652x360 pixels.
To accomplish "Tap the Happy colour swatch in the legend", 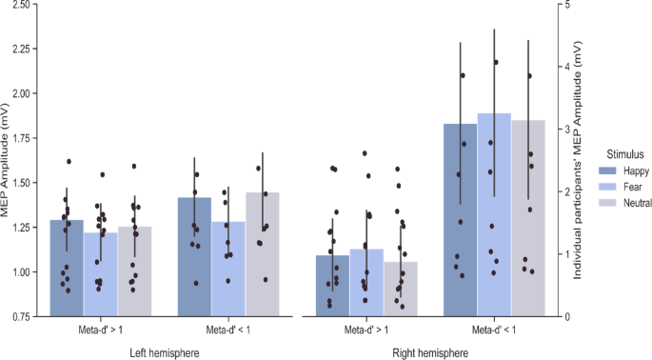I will (606, 170).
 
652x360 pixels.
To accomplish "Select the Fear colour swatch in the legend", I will (606, 186).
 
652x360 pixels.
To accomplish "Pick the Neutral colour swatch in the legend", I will (606, 202).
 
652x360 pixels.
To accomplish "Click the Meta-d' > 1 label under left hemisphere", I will (100, 330).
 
